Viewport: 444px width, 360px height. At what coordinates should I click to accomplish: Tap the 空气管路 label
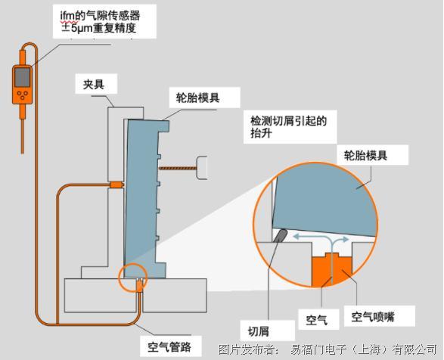[x=169, y=346]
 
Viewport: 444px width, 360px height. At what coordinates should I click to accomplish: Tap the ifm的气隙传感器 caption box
[x=104, y=21]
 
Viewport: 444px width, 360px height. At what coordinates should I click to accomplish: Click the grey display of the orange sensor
[x=23, y=77]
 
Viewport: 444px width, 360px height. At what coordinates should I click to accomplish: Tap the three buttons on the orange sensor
[x=22, y=95]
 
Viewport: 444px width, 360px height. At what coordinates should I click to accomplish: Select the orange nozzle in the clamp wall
[x=116, y=185]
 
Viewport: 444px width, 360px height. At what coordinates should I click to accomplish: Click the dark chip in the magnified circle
[x=281, y=236]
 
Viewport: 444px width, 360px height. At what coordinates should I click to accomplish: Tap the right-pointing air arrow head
[x=346, y=240]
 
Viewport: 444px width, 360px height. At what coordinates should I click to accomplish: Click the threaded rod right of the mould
[x=178, y=168]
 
